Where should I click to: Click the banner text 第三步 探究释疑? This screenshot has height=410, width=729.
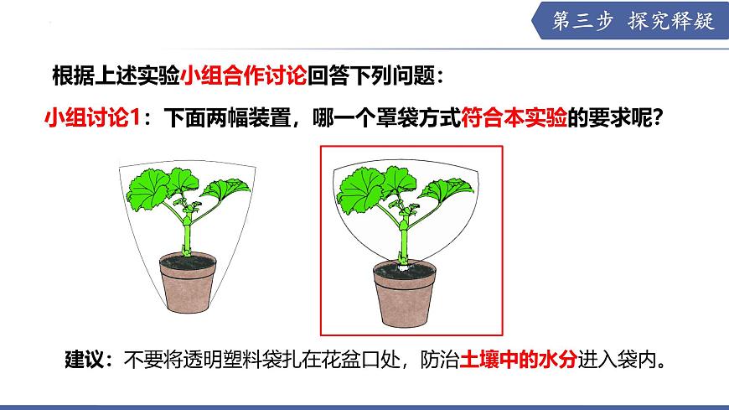(633, 22)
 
